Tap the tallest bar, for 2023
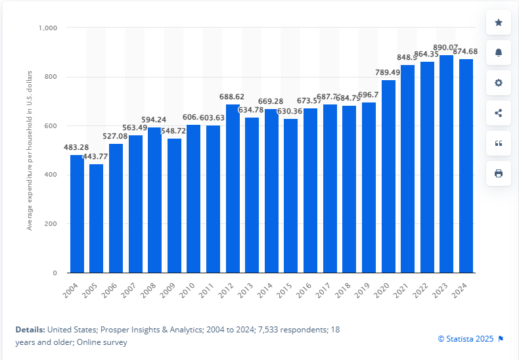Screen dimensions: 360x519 pos(447,164)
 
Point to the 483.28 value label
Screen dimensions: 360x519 pos(77,146)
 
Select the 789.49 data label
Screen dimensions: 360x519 pos(388,72)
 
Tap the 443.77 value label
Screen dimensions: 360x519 pos(96,156)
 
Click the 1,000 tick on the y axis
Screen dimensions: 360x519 pos(49,28)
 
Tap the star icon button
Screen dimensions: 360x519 pos(499,22)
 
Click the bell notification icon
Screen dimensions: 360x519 pos(499,53)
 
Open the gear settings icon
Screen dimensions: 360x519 pos(499,83)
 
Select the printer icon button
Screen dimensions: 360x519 pos(499,173)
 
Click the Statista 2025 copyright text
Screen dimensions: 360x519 pos(466,339)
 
